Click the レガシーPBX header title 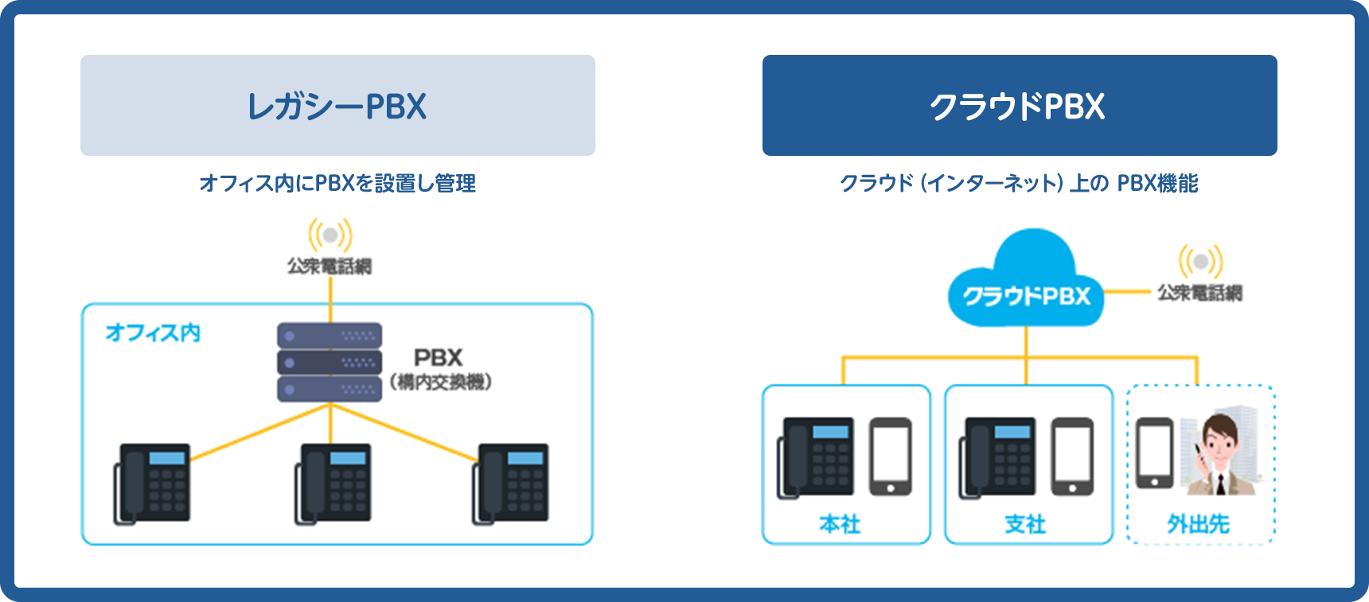click(337, 107)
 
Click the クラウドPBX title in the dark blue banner click(1018, 107)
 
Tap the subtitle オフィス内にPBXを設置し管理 click(337, 184)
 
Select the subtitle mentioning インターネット click(1019, 184)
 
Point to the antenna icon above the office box click(330, 235)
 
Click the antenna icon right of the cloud click(1200, 262)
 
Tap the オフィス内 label click(153, 332)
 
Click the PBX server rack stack click(330, 362)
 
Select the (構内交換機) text click(441, 383)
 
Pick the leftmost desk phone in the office click(153, 484)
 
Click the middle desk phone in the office click(333, 484)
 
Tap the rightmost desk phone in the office click(511, 484)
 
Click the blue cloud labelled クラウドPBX click(1027, 282)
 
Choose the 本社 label click(841, 524)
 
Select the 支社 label click(1025, 524)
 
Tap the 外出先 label click(1199, 524)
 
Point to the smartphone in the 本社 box click(890, 456)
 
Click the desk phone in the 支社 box click(998, 458)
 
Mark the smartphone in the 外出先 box click(1154, 452)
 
